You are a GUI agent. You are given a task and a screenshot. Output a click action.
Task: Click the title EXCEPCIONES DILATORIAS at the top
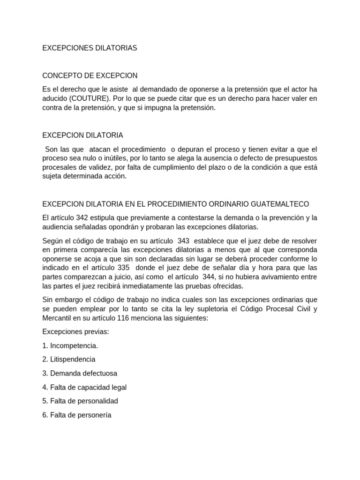(x=90, y=48)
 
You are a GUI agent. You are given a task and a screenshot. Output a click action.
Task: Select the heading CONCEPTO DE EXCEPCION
(x=90, y=75)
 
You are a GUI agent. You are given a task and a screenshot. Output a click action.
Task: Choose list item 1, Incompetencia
(x=70, y=345)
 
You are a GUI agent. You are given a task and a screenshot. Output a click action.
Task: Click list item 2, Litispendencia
(x=69, y=360)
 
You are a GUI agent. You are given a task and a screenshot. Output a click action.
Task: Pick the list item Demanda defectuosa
(x=80, y=373)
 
